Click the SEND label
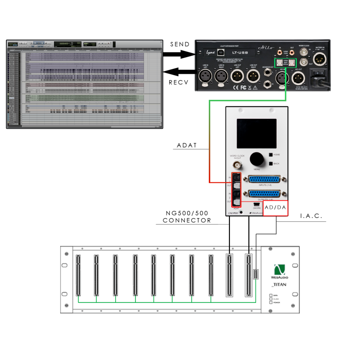click(180, 44)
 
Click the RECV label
click(179, 82)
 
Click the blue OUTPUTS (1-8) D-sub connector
click(261, 194)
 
